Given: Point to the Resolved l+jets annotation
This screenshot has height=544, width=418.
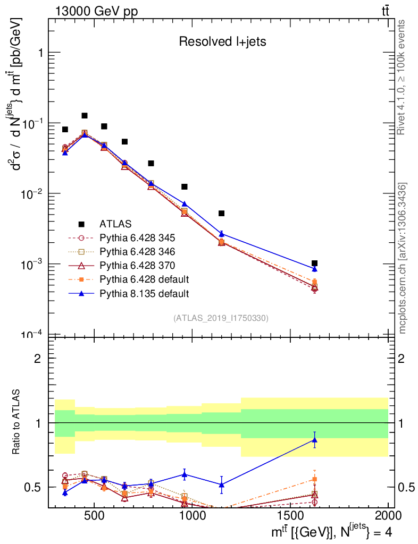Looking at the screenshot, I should (222, 42).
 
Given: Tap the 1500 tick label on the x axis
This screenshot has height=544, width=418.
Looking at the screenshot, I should (290, 516).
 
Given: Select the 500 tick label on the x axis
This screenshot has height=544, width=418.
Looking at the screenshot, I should (94, 516).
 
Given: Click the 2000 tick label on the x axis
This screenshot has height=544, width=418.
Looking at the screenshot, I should (388, 516).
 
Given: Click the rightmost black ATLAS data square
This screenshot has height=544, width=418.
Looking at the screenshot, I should (314, 263).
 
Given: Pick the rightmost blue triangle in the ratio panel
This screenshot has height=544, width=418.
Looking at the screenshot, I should (314, 439).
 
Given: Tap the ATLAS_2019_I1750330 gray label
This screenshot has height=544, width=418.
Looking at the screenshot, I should (221, 318).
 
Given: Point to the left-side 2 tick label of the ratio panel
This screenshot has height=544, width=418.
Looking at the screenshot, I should (38, 358).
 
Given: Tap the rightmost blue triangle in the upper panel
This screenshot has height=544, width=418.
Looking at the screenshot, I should (314, 269).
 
